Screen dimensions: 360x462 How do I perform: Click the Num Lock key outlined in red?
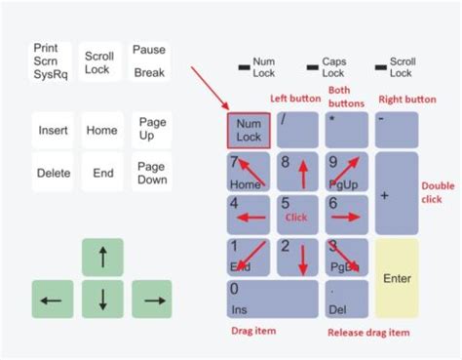249,130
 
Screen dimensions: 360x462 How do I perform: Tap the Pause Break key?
149,60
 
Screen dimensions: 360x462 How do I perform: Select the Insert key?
54,130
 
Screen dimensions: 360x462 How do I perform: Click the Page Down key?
152,173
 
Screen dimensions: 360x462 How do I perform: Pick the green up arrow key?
102,258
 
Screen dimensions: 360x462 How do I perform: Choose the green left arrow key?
53,299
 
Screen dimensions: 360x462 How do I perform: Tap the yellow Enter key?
397,278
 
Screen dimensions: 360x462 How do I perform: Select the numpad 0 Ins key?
272,299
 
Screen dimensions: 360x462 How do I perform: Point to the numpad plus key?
397,194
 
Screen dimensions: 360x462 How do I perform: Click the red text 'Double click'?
438,192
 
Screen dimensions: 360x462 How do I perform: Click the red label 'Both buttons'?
347,97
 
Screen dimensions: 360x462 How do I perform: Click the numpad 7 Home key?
249,172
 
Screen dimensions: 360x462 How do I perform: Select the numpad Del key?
346,299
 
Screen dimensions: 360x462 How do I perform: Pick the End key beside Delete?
103,173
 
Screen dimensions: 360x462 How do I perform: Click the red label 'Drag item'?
250,333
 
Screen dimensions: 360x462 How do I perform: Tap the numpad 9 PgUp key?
346,172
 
